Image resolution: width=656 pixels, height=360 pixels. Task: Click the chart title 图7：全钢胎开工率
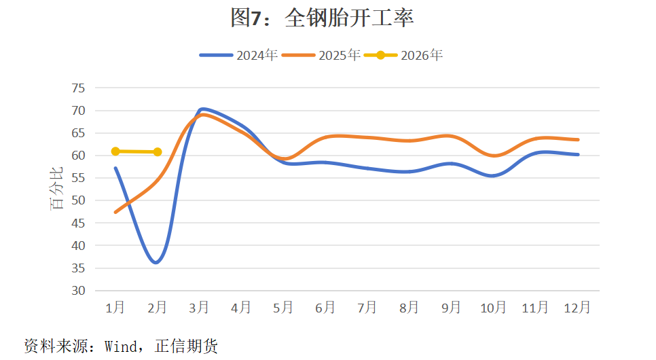(x=322, y=18)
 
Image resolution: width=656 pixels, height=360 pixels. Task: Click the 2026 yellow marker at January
(x=115, y=151)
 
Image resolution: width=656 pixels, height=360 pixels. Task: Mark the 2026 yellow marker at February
(x=158, y=152)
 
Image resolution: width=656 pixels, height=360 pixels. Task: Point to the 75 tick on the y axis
(x=78, y=88)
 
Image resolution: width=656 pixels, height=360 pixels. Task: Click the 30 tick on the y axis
(x=78, y=291)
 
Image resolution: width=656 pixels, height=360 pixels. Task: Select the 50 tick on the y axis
(x=78, y=200)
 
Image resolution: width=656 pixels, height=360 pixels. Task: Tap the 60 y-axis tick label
(x=78, y=156)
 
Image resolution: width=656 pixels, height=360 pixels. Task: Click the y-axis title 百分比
(x=58, y=189)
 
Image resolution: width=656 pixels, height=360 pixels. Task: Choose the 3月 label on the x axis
(x=199, y=308)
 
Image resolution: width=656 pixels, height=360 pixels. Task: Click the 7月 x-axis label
(x=367, y=308)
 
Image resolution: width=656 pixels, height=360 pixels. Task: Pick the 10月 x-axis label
(x=493, y=308)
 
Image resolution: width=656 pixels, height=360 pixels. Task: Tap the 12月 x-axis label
(x=577, y=308)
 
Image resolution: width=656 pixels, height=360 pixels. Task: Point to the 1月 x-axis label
(x=115, y=308)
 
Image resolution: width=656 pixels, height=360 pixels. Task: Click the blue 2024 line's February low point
(x=157, y=262)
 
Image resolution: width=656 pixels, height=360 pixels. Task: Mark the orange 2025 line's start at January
(x=115, y=213)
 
